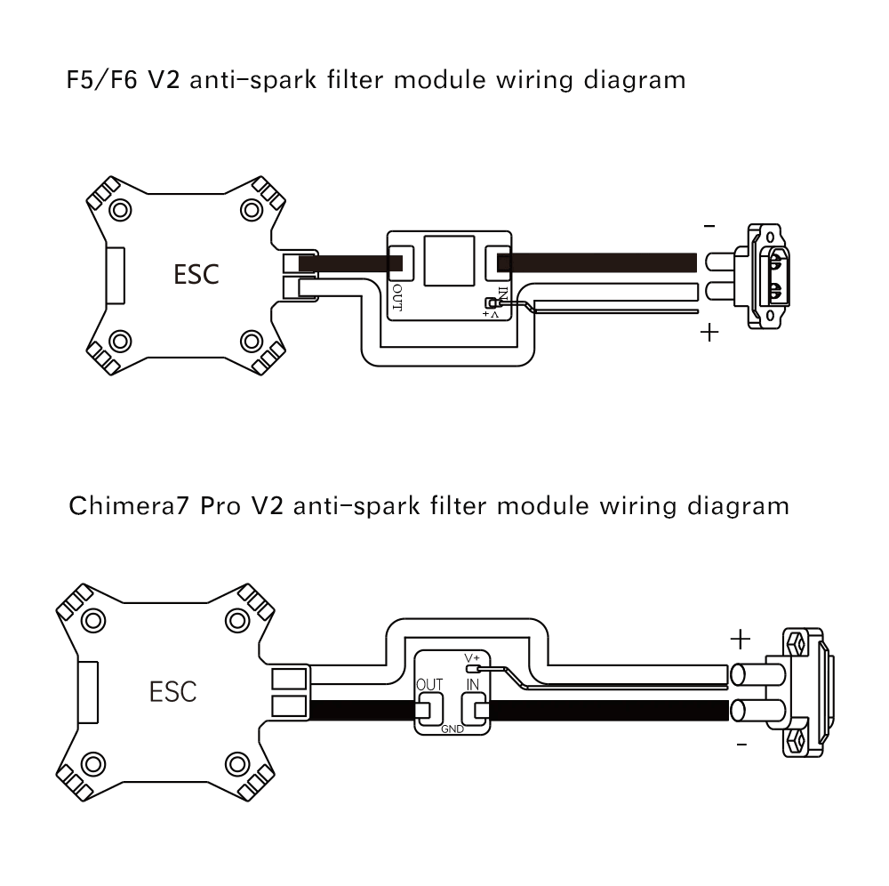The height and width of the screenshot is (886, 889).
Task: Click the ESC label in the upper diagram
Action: (196, 274)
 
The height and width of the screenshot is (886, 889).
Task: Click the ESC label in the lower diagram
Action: (173, 691)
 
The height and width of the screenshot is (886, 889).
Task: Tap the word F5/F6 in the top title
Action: (95, 80)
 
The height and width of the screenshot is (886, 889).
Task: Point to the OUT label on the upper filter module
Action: (397, 299)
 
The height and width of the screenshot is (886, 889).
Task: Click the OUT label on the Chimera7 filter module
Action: (429, 685)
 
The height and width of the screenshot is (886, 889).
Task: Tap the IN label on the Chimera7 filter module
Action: (474, 685)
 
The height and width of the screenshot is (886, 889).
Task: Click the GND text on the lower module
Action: (453, 728)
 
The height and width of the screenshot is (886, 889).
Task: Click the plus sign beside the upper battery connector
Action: (709, 334)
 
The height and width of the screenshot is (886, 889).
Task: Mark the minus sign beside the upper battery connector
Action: (709, 227)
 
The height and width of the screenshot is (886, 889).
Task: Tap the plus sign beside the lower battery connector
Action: (740, 639)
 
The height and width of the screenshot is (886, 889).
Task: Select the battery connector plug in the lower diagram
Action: (805, 692)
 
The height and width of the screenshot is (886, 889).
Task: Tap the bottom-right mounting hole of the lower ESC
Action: (236, 764)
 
